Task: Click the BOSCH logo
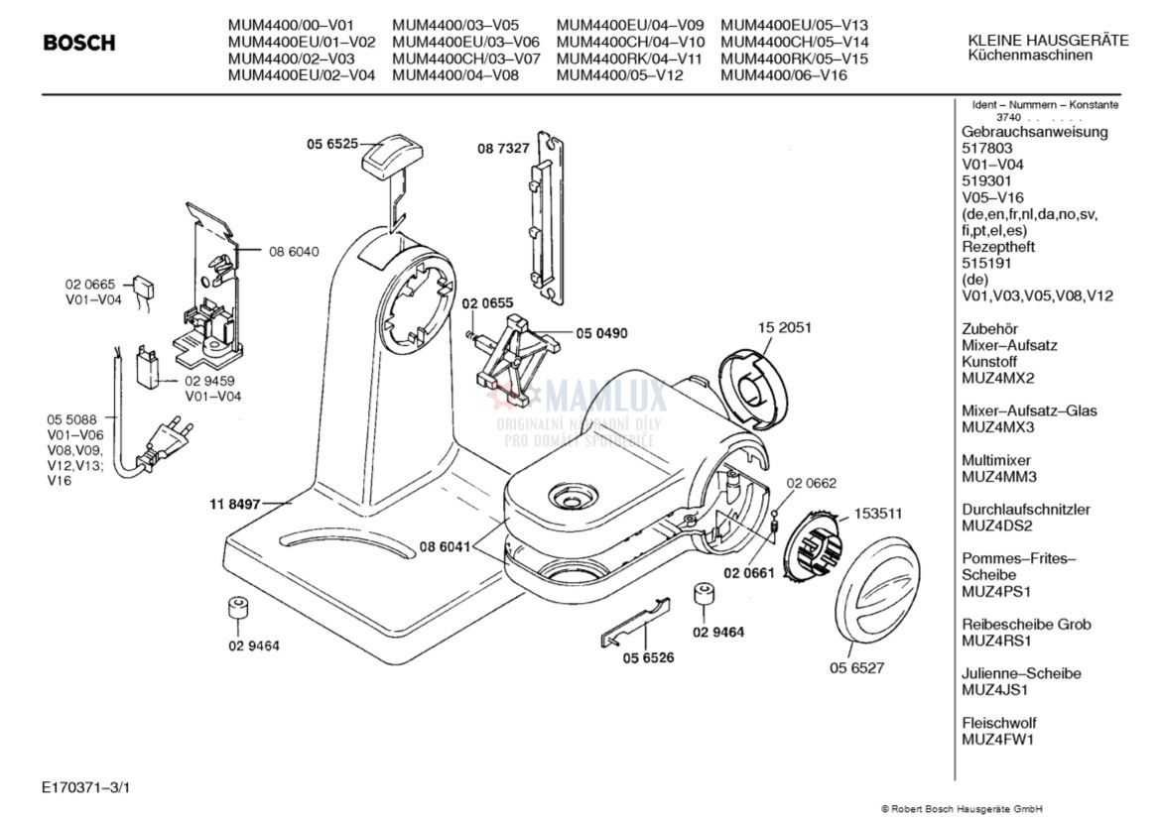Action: point(79,44)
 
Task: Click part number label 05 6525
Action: point(331,144)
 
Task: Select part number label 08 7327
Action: point(503,148)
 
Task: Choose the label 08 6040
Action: point(294,252)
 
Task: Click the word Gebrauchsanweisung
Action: point(1035,132)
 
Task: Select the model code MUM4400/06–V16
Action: point(784,74)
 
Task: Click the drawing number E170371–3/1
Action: point(86,787)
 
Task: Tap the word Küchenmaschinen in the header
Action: point(1030,56)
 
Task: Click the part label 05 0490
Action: point(601,333)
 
